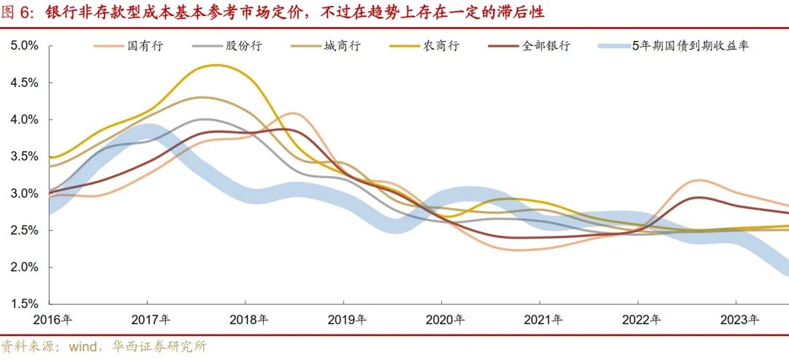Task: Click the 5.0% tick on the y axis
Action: point(23,45)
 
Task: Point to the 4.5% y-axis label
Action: point(23,83)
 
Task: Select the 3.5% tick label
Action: point(23,156)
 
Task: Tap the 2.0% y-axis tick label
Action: point(23,267)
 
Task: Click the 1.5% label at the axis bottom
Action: point(23,304)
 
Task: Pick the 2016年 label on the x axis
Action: point(58,320)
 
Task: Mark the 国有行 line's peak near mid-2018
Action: point(293,113)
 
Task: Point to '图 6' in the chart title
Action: point(19,12)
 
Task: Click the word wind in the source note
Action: point(82,346)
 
